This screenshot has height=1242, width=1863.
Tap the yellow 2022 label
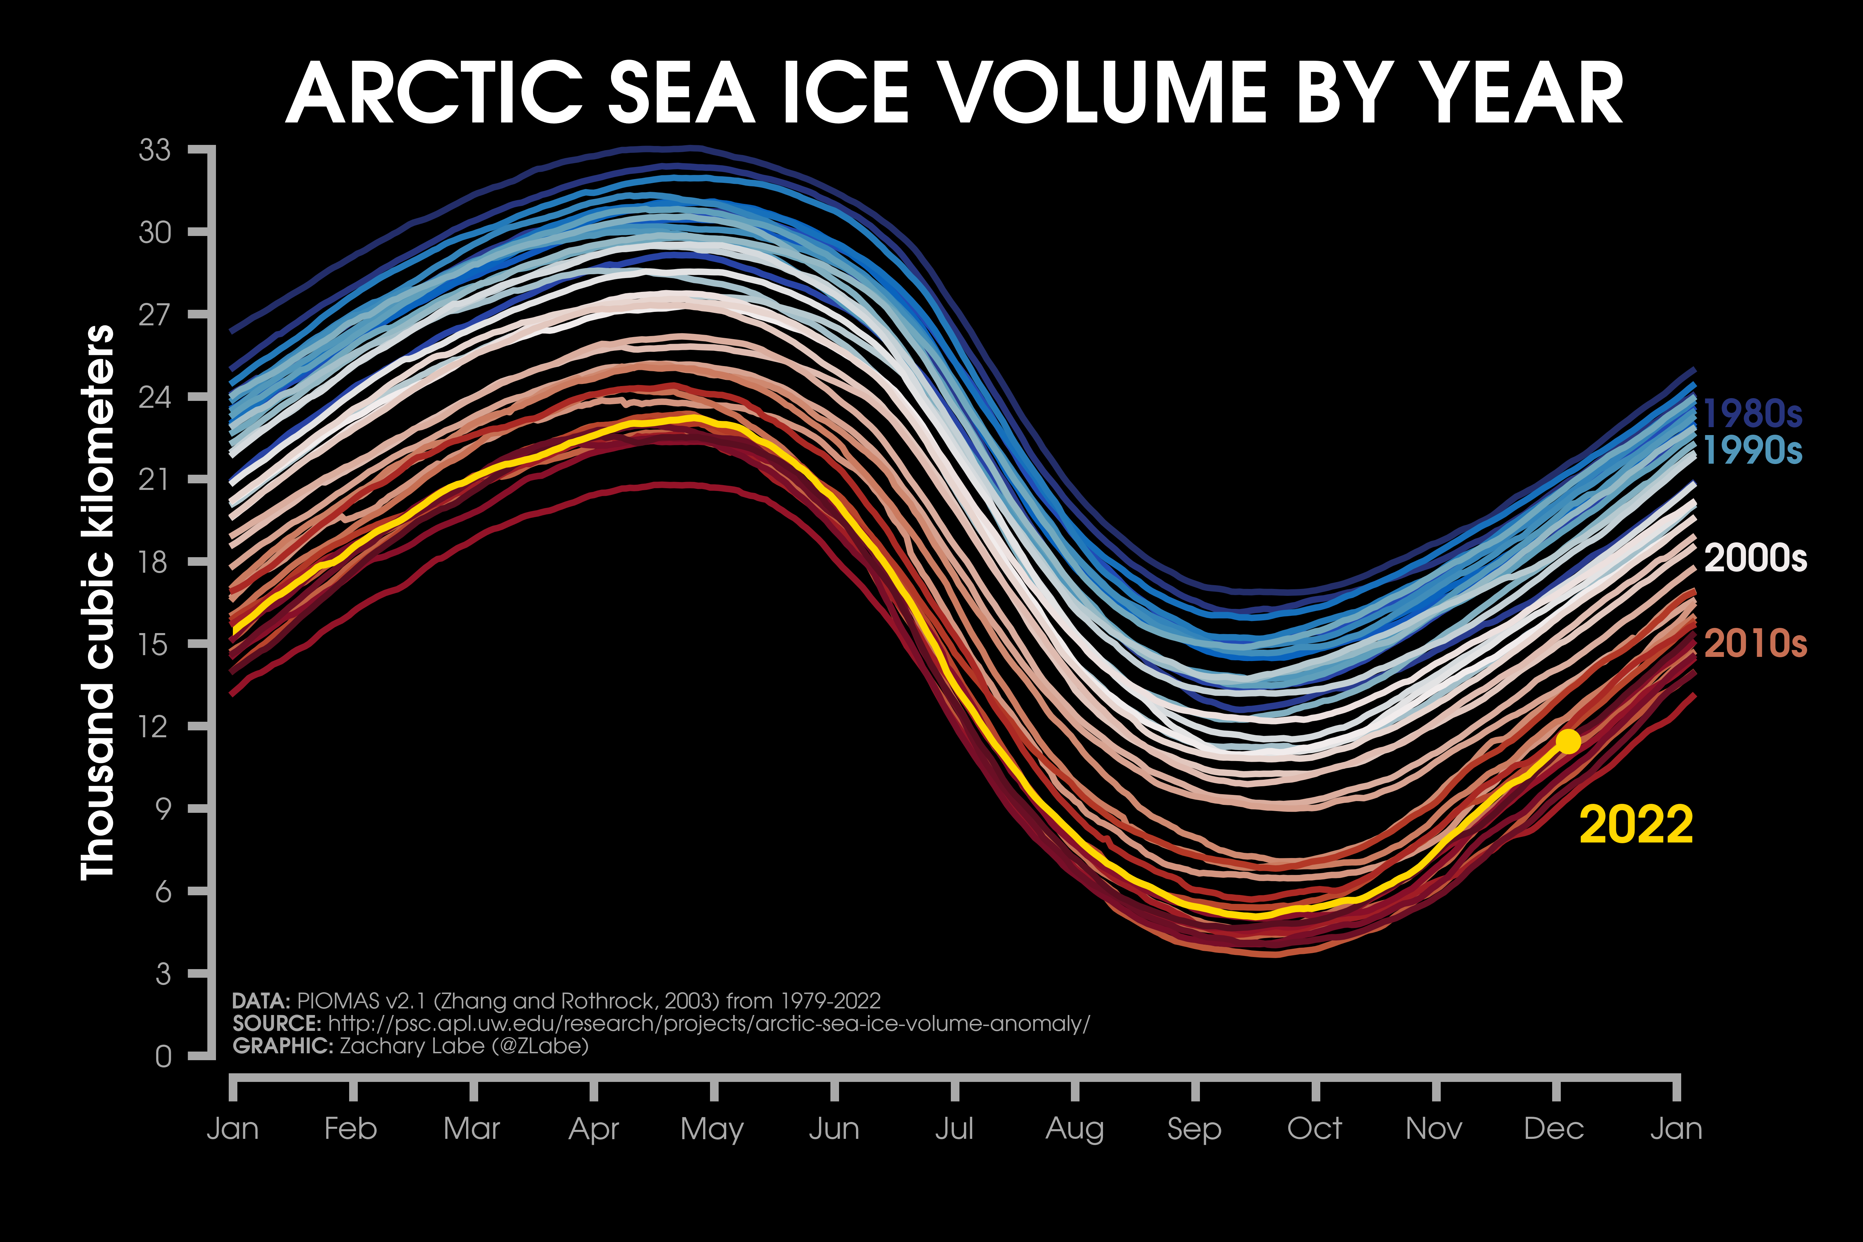1636,825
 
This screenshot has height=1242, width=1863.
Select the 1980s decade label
1751,413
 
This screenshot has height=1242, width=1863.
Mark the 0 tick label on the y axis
163,1056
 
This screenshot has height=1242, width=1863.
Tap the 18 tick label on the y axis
155,562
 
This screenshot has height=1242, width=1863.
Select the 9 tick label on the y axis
163,809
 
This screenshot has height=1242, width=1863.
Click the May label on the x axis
712,1129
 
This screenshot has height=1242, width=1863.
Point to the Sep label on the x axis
1194,1129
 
